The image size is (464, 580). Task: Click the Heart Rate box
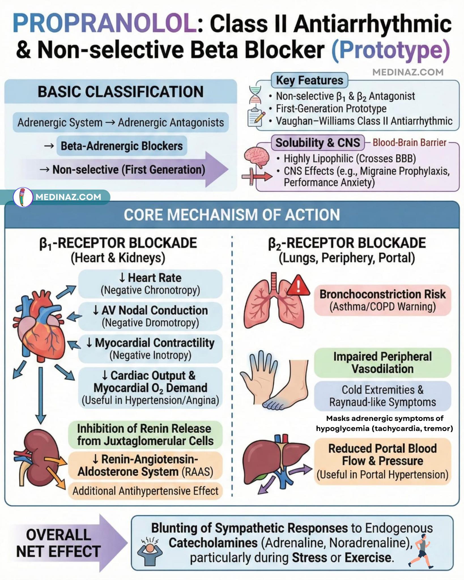tap(150, 284)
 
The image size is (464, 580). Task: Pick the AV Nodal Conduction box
tap(150, 316)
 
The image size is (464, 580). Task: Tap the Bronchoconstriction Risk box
tap(382, 300)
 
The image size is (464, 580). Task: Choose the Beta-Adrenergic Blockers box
tap(122, 146)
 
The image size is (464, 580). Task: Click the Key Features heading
tap(310, 80)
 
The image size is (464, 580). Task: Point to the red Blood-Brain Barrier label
tap(410, 143)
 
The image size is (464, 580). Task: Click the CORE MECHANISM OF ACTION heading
tap(232, 215)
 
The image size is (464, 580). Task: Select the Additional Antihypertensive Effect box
tap(145, 491)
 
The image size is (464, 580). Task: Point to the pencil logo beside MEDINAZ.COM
tap(23, 197)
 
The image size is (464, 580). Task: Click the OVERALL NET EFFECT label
tap(58, 543)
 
